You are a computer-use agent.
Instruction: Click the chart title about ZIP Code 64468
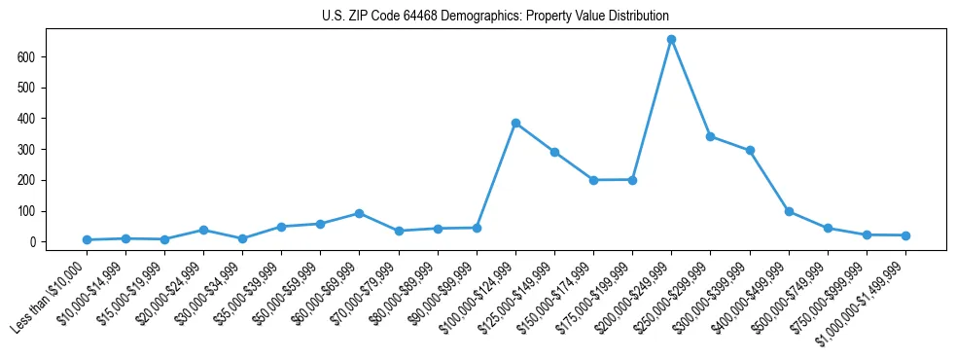tap(495, 17)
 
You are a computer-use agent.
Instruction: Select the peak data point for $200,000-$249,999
tap(671, 40)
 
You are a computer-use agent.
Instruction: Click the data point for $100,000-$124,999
tap(515, 124)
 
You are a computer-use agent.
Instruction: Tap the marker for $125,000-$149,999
tap(554, 152)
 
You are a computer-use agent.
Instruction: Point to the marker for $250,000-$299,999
tap(711, 136)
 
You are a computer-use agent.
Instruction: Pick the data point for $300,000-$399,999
tap(750, 151)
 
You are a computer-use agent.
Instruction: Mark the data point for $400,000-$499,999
tap(789, 211)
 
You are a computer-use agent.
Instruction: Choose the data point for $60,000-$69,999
tap(359, 213)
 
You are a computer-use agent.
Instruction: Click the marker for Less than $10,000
tap(87, 239)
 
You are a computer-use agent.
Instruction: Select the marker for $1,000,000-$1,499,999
tap(905, 235)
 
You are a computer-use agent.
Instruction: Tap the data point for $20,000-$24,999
tap(203, 230)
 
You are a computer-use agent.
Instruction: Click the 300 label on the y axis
tap(25, 150)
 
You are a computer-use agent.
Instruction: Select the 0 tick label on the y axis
tap(32, 242)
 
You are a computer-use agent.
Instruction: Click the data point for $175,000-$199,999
tap(632, 180)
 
